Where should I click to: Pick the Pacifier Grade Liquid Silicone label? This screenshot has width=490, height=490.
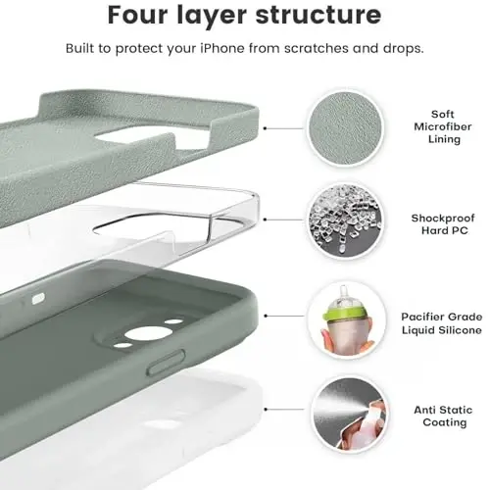click(441, 322)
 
